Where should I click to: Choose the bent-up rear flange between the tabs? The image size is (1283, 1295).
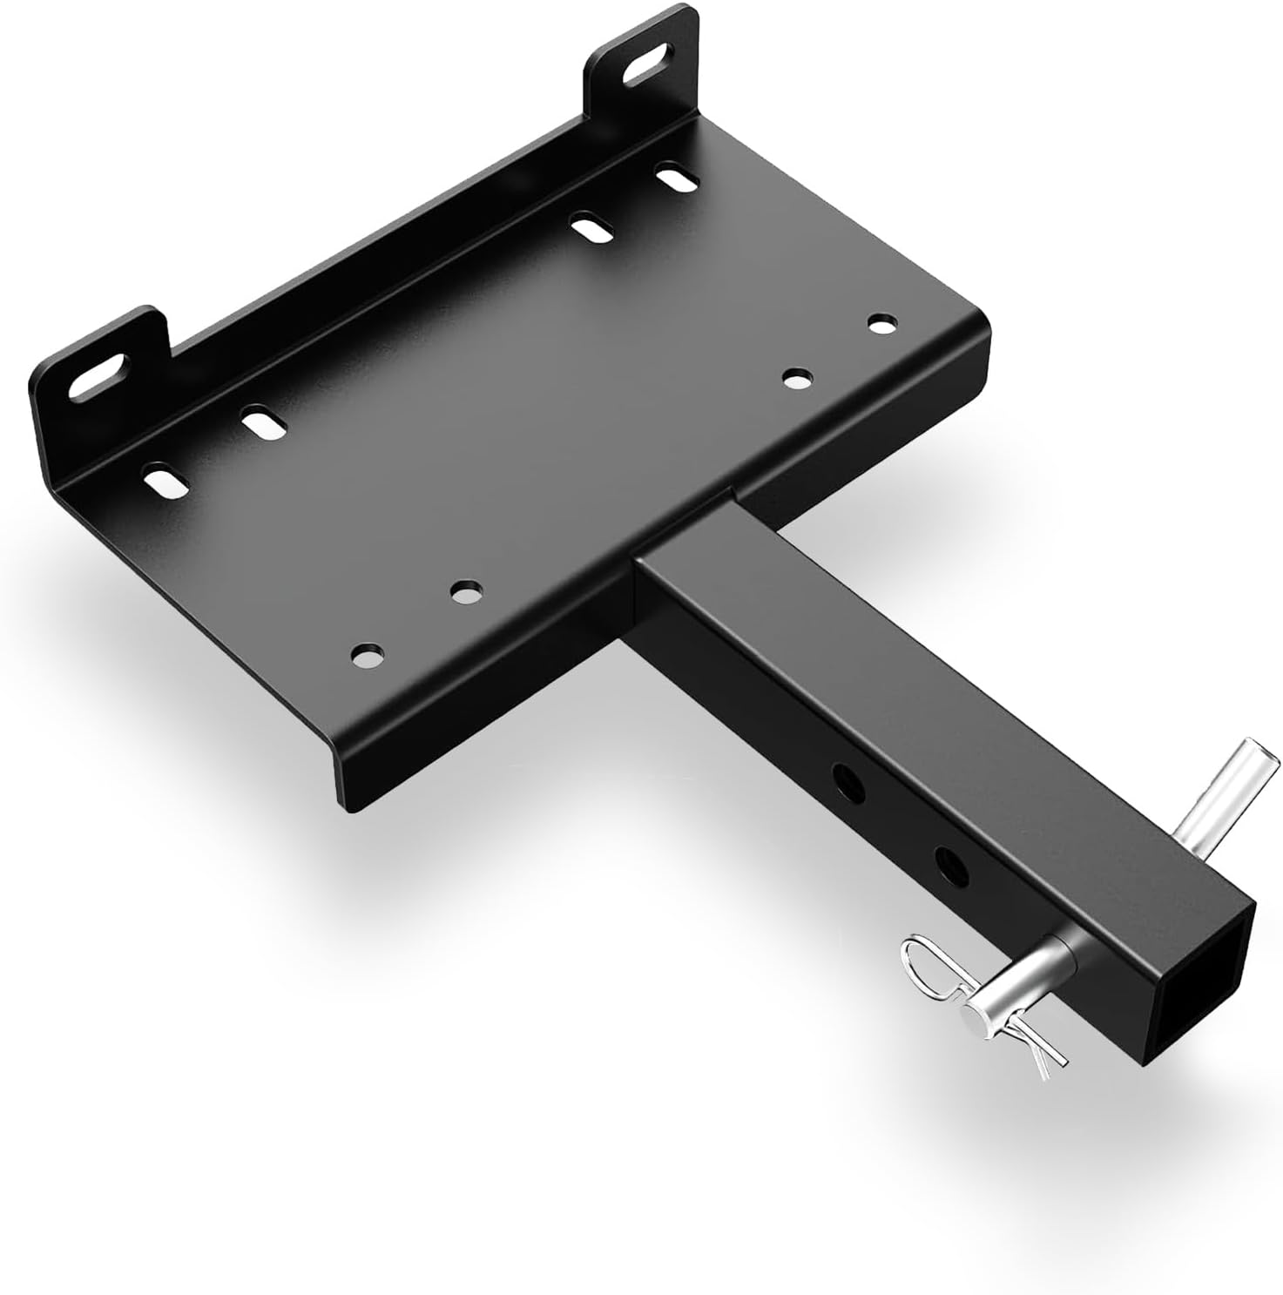pyautogui.click(x=348, y=287)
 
